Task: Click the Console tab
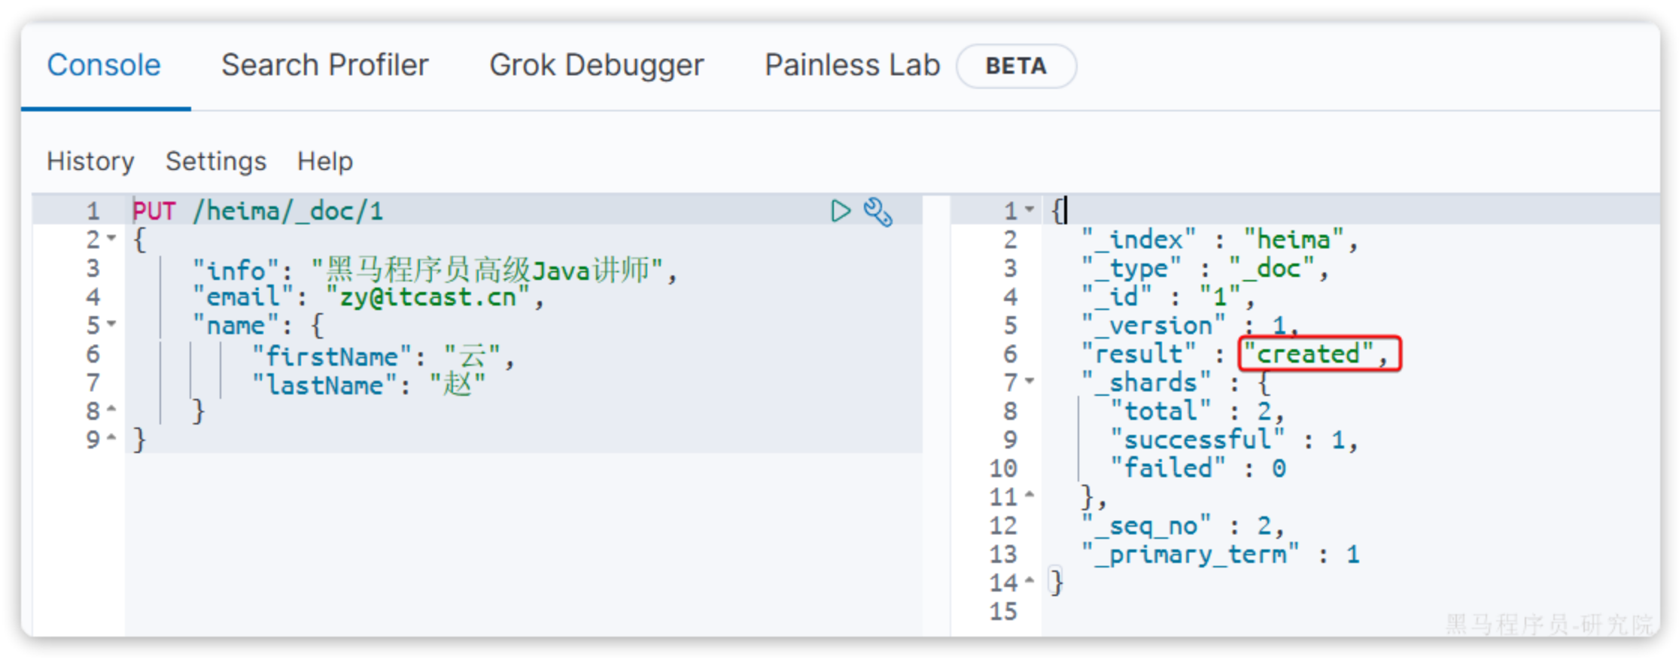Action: [104, 65]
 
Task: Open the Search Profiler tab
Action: [324, 65]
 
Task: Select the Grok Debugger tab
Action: [596, 65]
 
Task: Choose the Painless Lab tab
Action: [852, 65]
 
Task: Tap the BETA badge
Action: [1015, 66]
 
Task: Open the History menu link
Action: [90, 161]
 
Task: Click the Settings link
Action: [216, 161]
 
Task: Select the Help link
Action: [324, 161]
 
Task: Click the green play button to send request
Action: [840, 211]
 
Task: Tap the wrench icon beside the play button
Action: [878, 211]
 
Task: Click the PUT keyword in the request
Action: [154, 211]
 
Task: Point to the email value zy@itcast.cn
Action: [427, 297]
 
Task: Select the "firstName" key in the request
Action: [331, 355]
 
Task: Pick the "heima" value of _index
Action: [1293, 240]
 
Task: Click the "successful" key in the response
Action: [1197, 439]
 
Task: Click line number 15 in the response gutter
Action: [1003, 611]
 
